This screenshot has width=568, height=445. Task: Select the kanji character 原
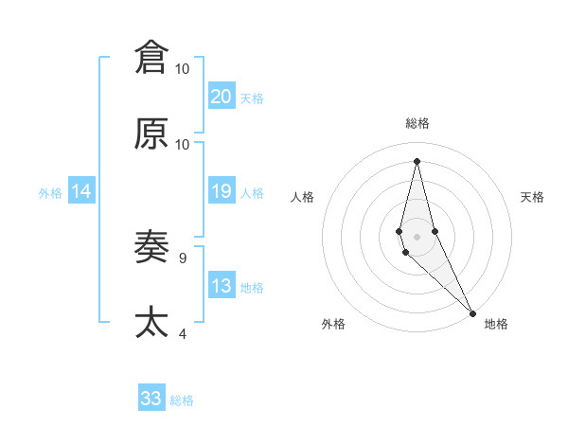pyautogui.click(x=151, y=133)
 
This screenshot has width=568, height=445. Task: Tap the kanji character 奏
pyautogui.click(x=151, y=247)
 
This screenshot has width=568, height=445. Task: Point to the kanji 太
pyautogui.click(x=151, y=322)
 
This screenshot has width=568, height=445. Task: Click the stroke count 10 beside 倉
pyautogui.click(x=183, y=69)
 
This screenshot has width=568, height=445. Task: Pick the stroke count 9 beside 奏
pyautogui.click(x=182, y=257)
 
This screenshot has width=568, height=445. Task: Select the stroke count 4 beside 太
pyautogui.click(x=182, y=333)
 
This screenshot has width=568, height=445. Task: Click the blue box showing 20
pyautogui.click(x=221, y=96)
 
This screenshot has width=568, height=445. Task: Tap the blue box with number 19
pyautogui.click(x=221, y=191)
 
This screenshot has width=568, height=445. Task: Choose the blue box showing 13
pyautogui.click(x=221, y=286)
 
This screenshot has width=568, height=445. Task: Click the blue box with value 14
pyautogui.click(x=80, y=191)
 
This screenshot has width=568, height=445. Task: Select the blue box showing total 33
pyautogui.click(x=151, y=399)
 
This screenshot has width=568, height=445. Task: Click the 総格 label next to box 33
pyautogui.click(x=182, y=400)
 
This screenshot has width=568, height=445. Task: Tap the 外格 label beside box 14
pyautogui.click(x=50, y=192)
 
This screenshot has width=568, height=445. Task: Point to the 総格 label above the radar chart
pyautogui.click(x=417, y=123)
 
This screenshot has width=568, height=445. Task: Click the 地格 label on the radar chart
pyautogui.click(x=496, y=324)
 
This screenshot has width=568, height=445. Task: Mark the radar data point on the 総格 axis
pyautogui.click(x=417, y=160)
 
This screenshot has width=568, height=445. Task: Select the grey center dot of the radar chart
pyautogui.click(x=417, y=236)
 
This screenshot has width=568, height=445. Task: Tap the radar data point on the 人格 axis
pyautogui.click(x=399, y=230)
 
